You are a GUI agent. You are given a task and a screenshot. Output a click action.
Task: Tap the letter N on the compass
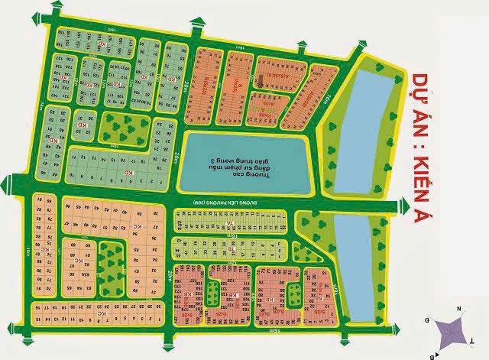click(x=459, y=308)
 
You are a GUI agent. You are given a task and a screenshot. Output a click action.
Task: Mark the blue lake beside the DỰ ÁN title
click(x=363, y=130)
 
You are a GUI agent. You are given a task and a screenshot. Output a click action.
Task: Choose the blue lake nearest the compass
click(x=358, y=264)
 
